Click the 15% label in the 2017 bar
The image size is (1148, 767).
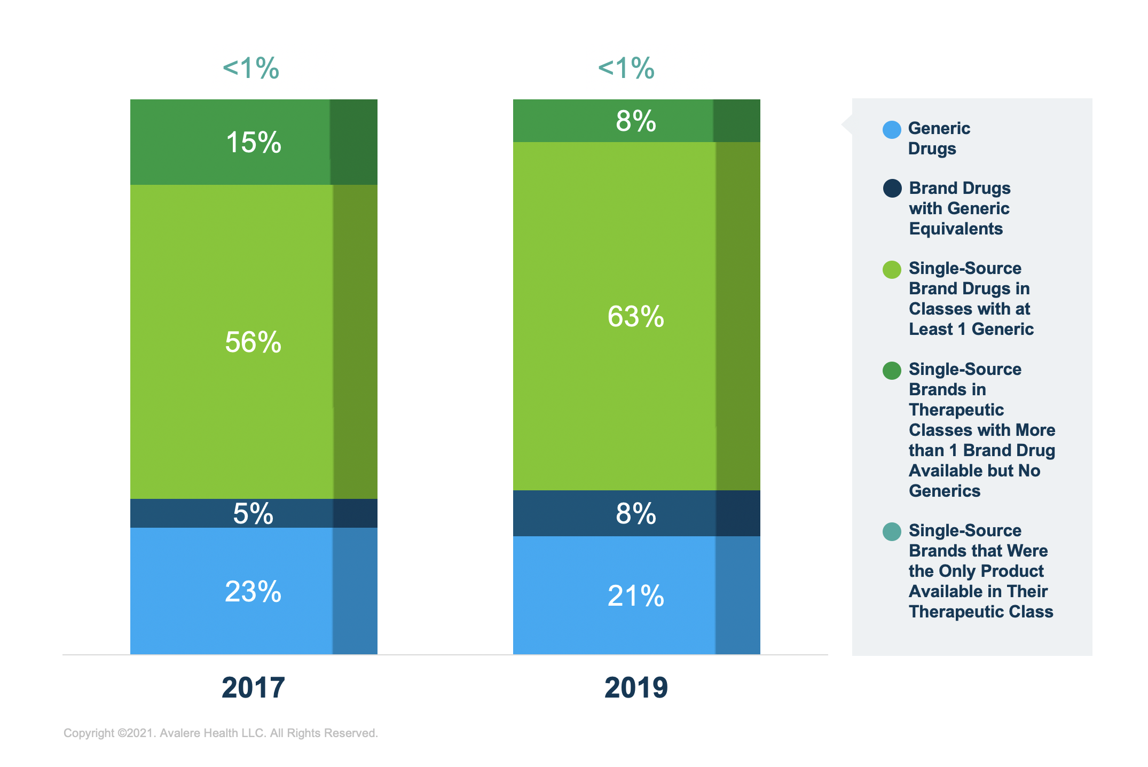pyautogui.click(x=254, y=143)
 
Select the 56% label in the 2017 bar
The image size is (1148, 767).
pyautogui.click(x=253, y=342)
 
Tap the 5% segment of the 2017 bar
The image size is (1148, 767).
pyautogui.click(x=253, y=514)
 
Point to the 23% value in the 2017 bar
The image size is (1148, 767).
pyautogui.click(x=253, y=592)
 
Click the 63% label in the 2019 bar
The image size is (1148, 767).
pyautogui.click(x=635, y=316)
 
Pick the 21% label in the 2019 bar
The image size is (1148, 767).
pyautogui.click(x=635, y=596)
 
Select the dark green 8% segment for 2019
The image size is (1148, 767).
pyautogui.click(x=635, y=121)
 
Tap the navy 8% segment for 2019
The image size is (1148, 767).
pyautogui.click(x=635, y=514)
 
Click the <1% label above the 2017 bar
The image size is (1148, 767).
pyautogui.click(x=251, y=68)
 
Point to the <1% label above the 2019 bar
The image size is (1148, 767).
pyautogui.click(x=626, y=68)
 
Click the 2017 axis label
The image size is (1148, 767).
pyautogui.click(x=253, y=687)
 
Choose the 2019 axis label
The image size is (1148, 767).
pyautogui.click(x=636, y=687)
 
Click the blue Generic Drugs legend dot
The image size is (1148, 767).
pyautogui.click(x=892, y=130)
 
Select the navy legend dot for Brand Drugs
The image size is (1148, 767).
pyautogui.click(x=892, y=189)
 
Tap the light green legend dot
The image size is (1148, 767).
pyautogui.click(x=892, y=270)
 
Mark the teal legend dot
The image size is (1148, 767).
pyautogui.click(x=892, y=531)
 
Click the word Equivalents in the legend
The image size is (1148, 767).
pyautogui.click(x=956, y=229)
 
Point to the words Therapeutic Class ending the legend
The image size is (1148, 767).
pyautogui.click(x=981, y=612)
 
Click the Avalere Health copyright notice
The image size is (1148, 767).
pyautogui.click(x=221, y=733)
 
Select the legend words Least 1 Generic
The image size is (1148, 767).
pyautogui.click(x=971, y=329)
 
